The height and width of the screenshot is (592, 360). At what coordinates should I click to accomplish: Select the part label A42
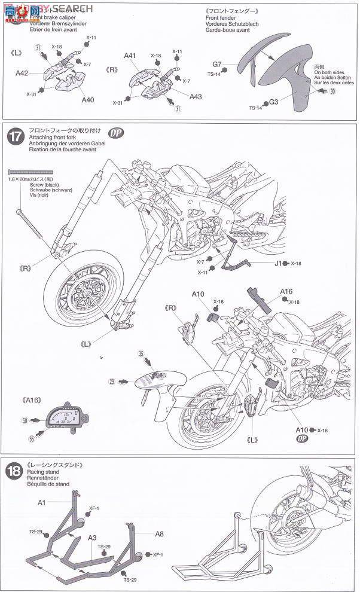[23, 74]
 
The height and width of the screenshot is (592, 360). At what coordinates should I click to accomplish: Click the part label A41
[130, 56]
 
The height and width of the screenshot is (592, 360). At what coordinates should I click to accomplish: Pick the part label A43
[196, 96]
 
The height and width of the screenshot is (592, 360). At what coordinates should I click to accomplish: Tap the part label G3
[273, 102]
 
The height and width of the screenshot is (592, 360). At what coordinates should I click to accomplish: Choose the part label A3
[92, 538]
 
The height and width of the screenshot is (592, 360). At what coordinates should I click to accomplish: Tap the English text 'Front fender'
[221, 19]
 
